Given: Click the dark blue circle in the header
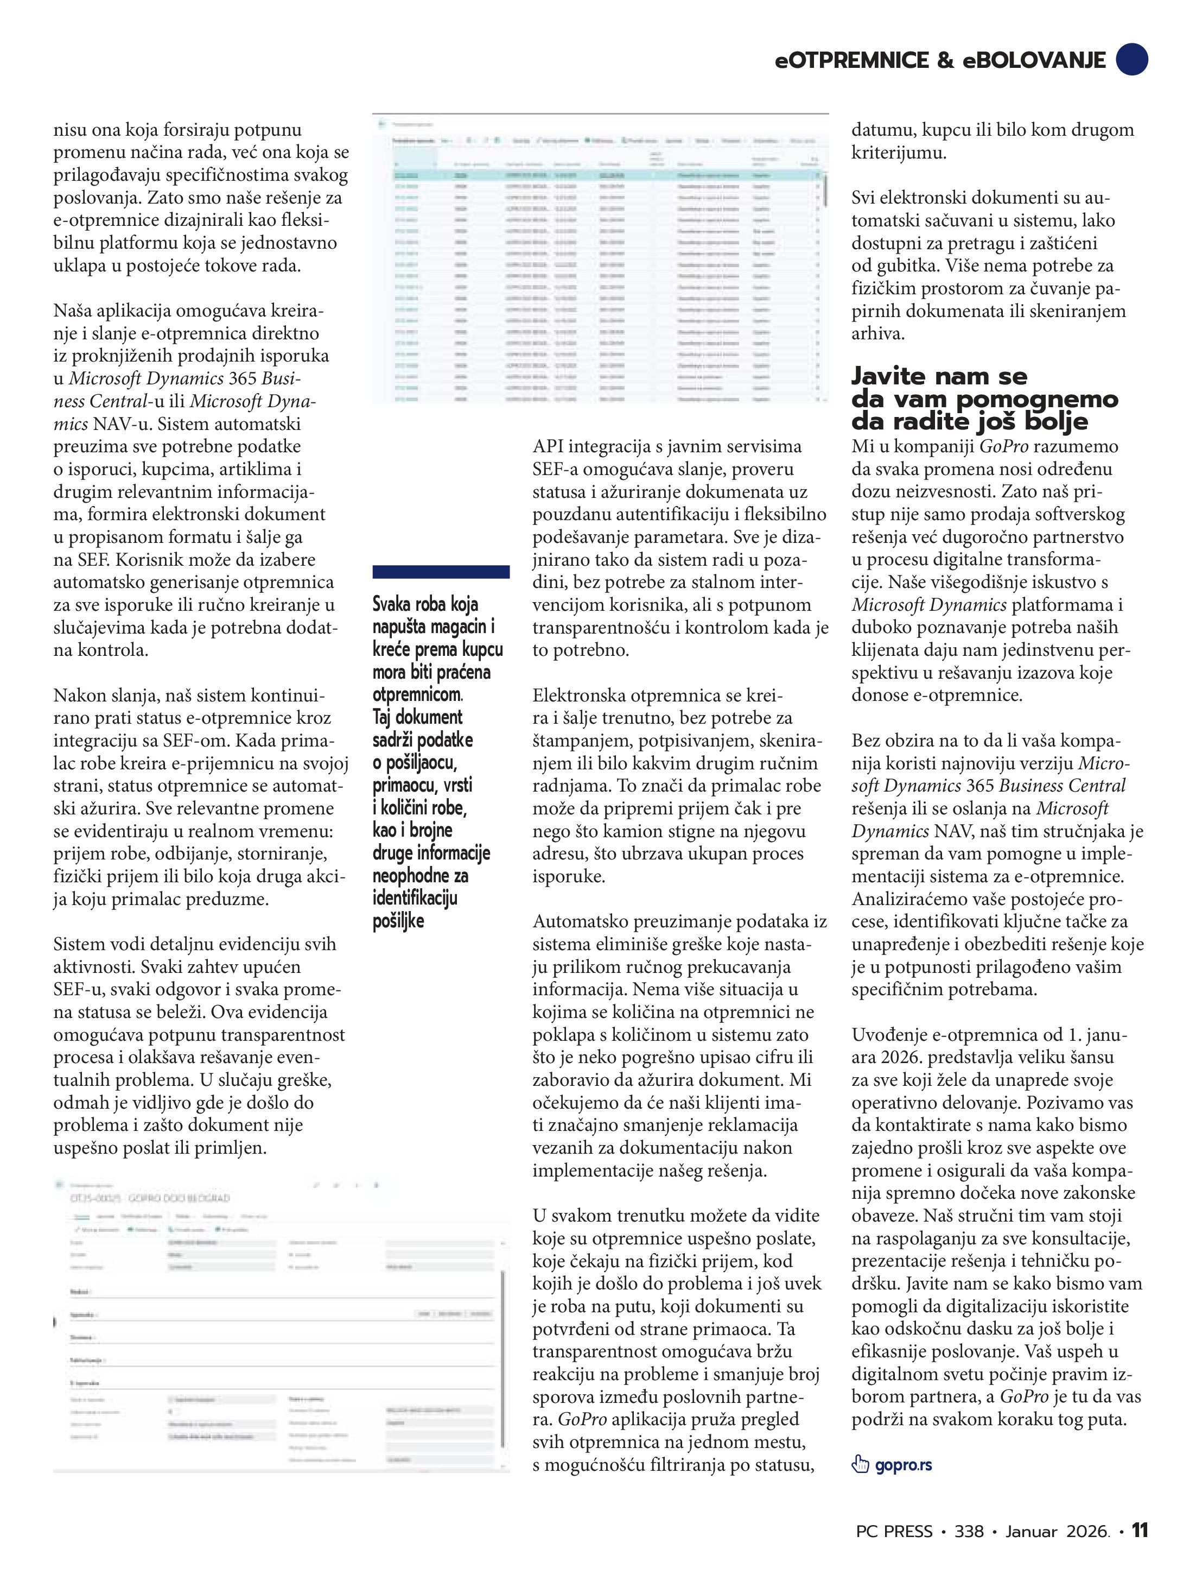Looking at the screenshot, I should [x=1131, y=59].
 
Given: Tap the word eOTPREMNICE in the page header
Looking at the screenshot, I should [x=852, y=60].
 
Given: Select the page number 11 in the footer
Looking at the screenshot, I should [x=1140, y=1531].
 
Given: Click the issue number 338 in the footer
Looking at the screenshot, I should [x=969, y=1532].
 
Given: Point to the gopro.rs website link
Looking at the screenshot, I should [x=903, y=1464].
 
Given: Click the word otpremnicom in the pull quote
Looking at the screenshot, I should [x=417, y=694].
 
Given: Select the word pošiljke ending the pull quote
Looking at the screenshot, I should [x=398, y=921].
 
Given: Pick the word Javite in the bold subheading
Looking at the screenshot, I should [x=895, y=376].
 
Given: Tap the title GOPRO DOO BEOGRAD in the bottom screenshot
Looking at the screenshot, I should [x=179, y=1198].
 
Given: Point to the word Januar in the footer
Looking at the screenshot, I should [x=1031, y=1532].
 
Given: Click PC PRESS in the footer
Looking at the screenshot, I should [x=894, y=1532].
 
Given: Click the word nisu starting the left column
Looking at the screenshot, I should [x=69, y=130].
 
